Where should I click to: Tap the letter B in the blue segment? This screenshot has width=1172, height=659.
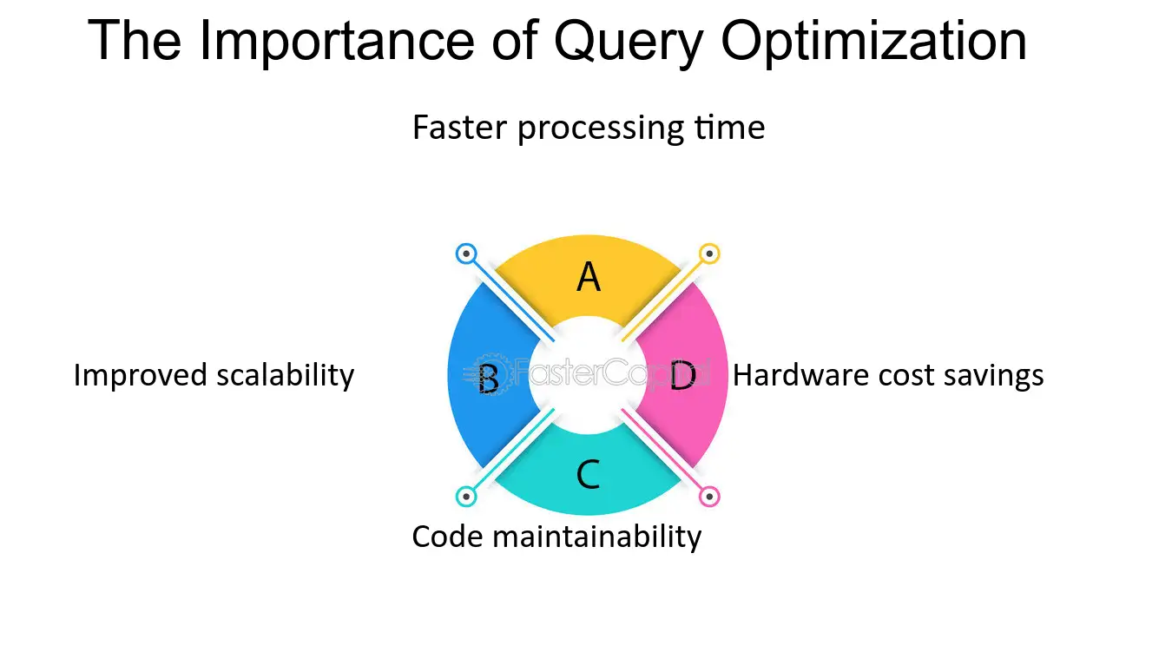point(489,379)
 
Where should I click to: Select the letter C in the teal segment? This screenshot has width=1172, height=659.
point(588,474)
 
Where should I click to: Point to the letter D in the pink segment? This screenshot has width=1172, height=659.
point(683,375)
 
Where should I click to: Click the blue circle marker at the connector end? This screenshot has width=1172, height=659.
point(465,254)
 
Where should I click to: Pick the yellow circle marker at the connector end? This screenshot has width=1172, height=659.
point(709,254)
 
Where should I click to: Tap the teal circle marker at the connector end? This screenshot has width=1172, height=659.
point(465,497)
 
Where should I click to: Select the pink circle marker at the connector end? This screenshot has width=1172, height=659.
point(709,497)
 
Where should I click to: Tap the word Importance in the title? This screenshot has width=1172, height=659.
point(337,41)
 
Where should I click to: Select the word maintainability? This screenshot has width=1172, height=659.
point(597,538)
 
